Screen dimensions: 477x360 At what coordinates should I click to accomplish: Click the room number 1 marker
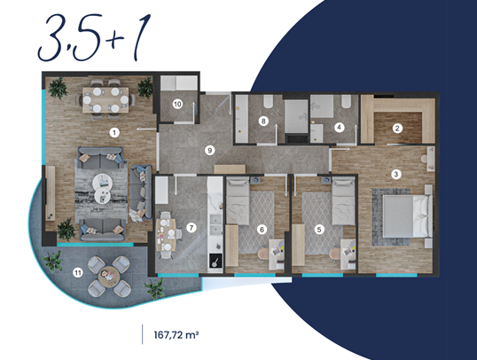114,133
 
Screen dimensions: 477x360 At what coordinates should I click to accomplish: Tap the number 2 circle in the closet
396,129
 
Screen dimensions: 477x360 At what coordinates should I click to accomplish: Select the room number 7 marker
191,228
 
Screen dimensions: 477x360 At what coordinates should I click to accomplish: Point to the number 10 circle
177,105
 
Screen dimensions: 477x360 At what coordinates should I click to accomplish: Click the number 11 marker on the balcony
78,273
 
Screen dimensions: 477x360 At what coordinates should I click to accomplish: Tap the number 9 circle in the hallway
209,151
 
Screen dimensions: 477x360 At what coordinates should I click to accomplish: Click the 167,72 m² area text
176,335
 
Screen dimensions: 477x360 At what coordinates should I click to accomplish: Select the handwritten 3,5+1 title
94,37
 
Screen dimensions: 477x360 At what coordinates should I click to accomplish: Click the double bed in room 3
407,216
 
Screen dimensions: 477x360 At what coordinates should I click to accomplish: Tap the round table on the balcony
107,276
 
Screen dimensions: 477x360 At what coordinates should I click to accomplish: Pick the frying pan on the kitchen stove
215,262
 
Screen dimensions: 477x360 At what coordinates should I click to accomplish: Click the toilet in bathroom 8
269,101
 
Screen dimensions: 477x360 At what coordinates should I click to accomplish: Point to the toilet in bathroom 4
346,101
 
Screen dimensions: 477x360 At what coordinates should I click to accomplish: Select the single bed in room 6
238,201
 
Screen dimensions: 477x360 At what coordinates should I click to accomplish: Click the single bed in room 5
343,201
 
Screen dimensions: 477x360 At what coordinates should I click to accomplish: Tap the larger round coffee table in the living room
103,183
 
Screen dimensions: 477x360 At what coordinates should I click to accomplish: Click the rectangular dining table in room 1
106,100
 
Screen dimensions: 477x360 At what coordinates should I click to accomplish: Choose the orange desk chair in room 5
335,254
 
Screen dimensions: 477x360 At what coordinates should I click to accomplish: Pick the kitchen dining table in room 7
166,235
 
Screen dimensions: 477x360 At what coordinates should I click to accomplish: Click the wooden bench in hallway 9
230,169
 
